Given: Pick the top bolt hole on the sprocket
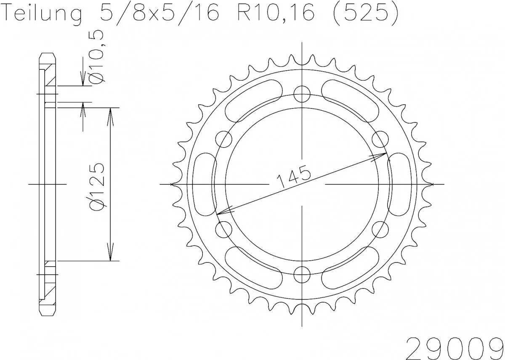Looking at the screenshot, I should [302, 94].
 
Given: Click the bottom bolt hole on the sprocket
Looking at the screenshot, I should [302, 275].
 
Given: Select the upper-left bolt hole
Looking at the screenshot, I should [224, 139].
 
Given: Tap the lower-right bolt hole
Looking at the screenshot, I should [380, 229].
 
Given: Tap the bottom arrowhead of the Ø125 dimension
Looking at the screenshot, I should [110, 254].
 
